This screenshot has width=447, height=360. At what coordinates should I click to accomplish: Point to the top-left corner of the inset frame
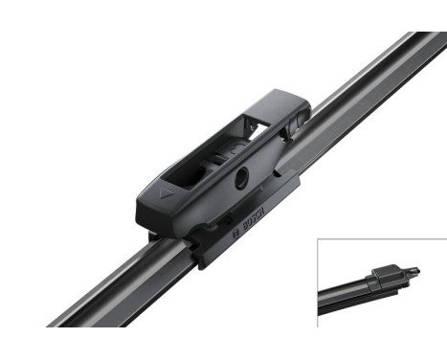pyautogui.click(x=318, y=239)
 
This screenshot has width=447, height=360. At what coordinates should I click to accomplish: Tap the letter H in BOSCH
pyautogui.click(x=256, y=212)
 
